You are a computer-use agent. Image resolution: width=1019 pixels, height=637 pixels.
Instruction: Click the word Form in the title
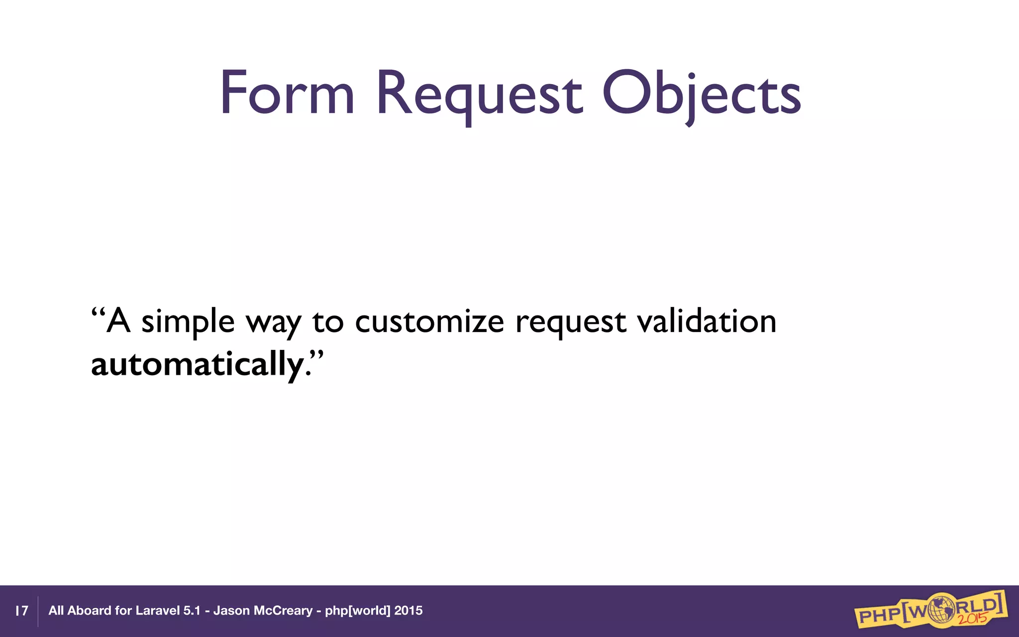click(x=288, y=94)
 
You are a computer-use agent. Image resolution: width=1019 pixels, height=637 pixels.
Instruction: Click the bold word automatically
click(x=197, y=364)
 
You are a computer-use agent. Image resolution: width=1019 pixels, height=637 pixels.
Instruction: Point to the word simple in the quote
click(x=188, y=322)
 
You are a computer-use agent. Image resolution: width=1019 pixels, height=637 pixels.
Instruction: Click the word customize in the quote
click(x=429, y=321)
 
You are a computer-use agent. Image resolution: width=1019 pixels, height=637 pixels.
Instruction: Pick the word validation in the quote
click(x=707, y=321)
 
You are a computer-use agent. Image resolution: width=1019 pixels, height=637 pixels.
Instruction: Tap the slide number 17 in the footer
click(x=21, y=611)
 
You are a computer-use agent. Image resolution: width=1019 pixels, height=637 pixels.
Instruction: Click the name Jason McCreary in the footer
click(x=263, y=611)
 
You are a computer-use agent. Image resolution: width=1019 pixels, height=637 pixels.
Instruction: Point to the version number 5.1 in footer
click(x=192, y=611)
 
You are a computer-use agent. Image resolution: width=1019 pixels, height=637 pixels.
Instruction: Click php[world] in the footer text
click(x=357, y=611)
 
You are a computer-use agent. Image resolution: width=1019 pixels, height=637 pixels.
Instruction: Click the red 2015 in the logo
click(x=972, y=619)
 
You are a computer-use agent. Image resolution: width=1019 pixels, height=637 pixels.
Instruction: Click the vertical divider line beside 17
click(x=38, y=611)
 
